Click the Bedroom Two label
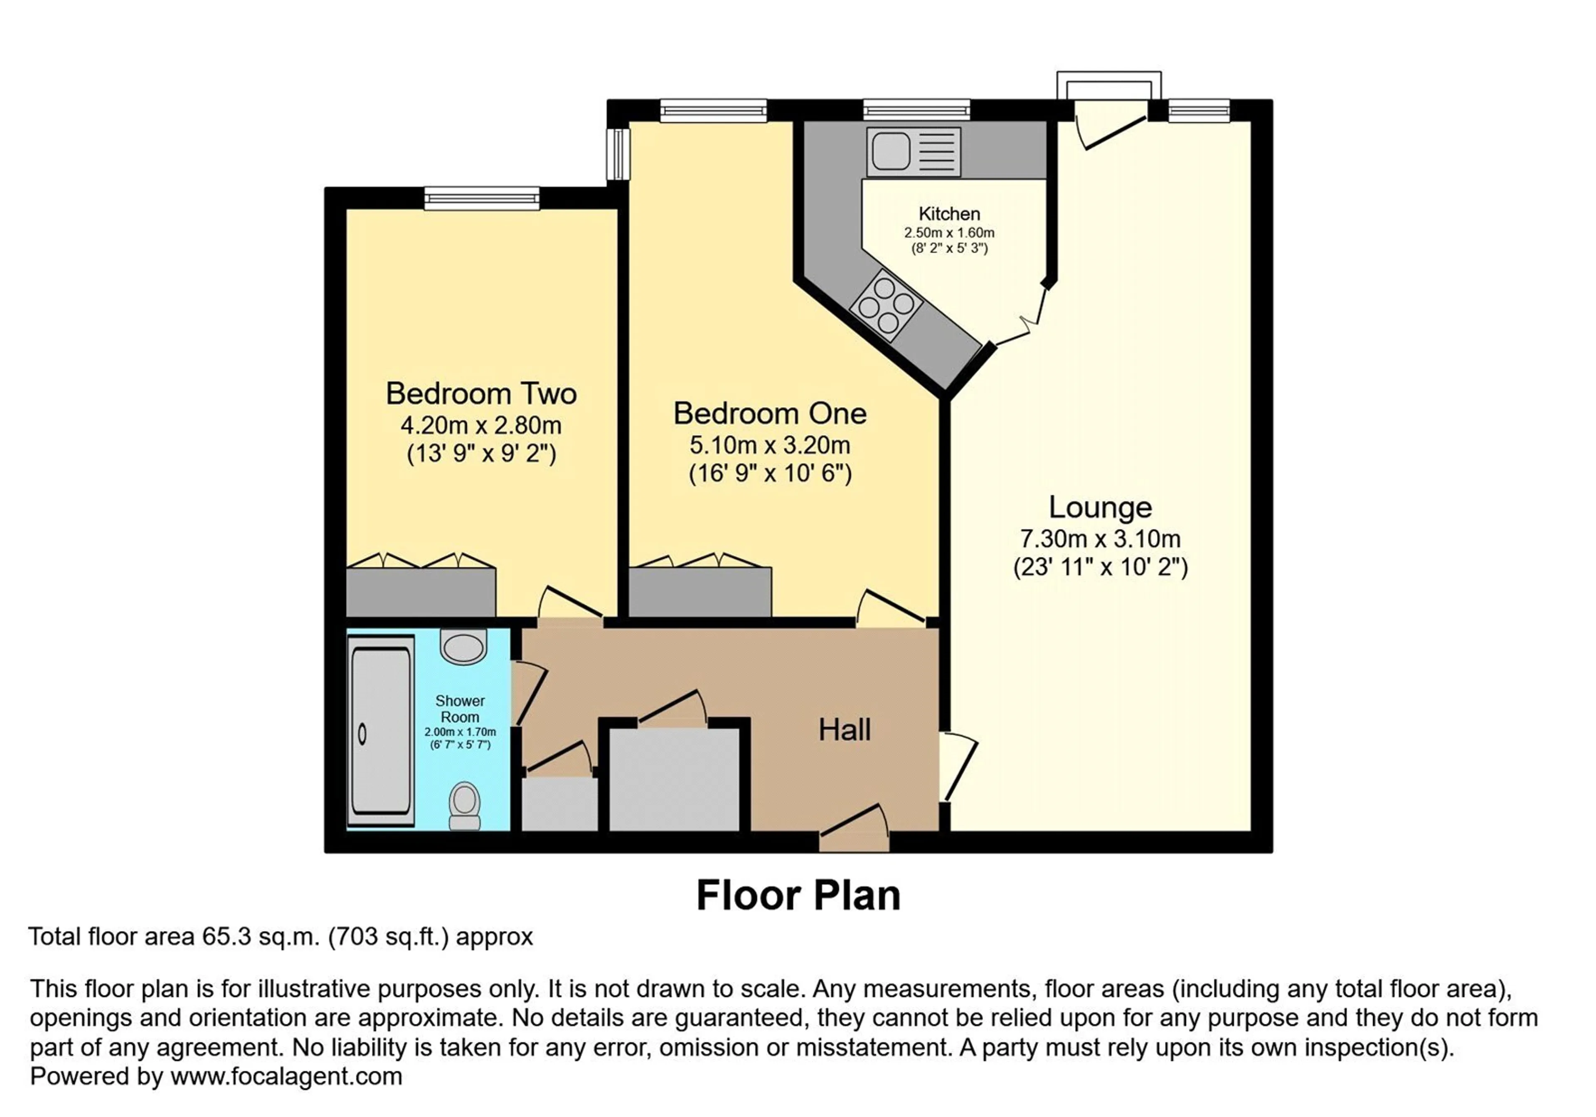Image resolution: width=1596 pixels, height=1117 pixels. [481, 394]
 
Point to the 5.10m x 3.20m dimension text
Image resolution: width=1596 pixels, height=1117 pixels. [769, 445]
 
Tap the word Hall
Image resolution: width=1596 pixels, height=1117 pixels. [845, 729]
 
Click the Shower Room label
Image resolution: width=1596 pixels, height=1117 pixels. [460, 709]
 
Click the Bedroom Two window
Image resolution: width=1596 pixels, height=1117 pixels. [482, 198]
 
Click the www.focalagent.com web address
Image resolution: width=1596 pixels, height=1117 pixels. [286, 1077]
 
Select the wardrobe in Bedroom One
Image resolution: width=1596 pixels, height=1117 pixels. [700, 591]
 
